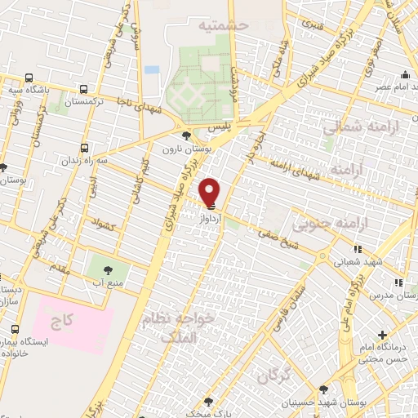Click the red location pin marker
click(x=210, y=193)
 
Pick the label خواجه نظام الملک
click(x=179, y=325)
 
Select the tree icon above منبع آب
click(x=104, y=267)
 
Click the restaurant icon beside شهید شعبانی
click(x=358, y=250)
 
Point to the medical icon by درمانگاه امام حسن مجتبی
click(x=383, y=335)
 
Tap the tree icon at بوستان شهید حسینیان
click(x=324, y=390)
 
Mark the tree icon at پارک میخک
click(x=208, y=402)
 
